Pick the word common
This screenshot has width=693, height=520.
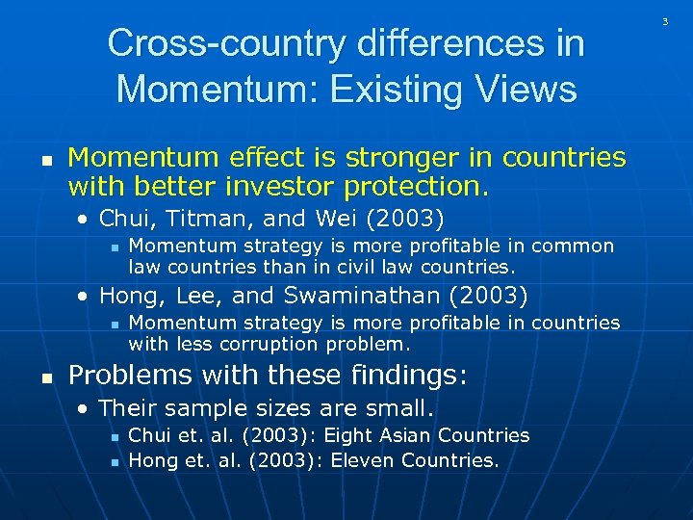pos(573,246)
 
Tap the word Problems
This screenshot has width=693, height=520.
pos(123,374)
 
